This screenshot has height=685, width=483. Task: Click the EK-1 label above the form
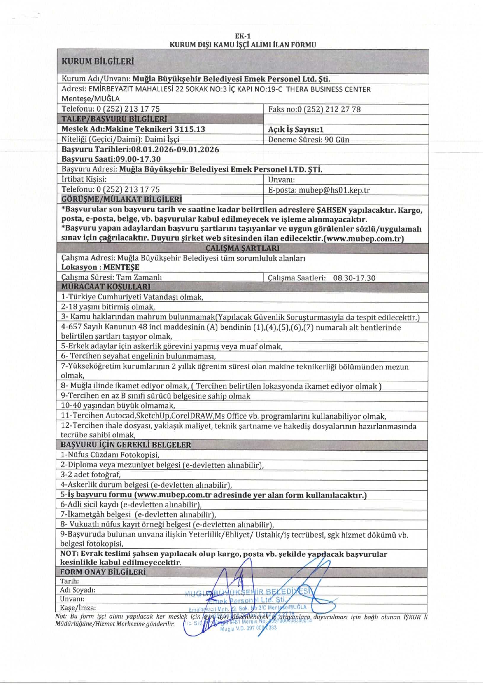242,36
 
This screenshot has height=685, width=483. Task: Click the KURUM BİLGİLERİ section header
98,61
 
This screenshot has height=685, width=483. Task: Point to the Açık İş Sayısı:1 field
296,130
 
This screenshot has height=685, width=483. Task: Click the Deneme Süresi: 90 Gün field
308,139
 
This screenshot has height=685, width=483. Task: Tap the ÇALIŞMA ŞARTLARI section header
242,248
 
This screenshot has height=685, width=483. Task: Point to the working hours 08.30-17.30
354,278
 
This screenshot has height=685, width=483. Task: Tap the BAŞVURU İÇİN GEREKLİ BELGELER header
125,445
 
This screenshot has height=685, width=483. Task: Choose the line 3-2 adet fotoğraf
91,475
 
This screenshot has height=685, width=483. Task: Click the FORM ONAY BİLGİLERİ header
103,572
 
